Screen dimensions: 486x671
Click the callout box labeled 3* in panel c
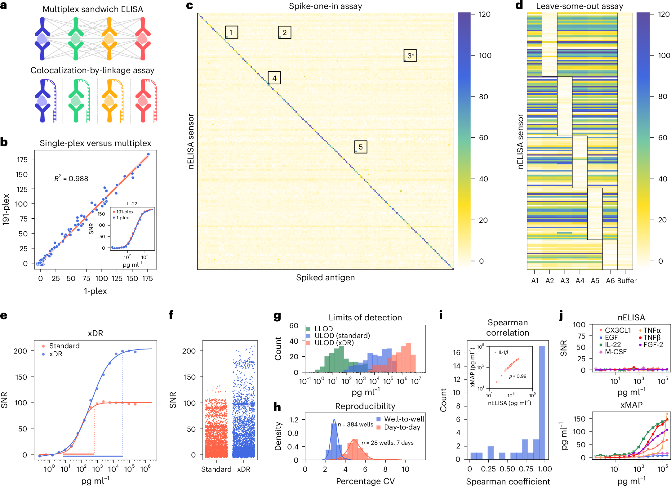(x=410, y=56)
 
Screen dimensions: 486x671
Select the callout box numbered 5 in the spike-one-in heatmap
(x=361, y=147)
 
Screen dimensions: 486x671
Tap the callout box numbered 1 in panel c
(x=231, y=32)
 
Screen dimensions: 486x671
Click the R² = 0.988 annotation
(x=71, y=179)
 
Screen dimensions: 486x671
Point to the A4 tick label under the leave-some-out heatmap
(x=580, y=281)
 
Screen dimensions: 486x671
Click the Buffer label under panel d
(x=627, y=281)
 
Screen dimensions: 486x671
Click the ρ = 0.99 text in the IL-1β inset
(x=518, y=376)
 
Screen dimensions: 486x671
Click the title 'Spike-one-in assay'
(x=325, y=6)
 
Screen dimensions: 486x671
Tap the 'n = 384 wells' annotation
(x=355, y=424)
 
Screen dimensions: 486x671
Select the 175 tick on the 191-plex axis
(x=22, y=160)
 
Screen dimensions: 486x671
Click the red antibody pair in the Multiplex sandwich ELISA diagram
(x=143, y=39)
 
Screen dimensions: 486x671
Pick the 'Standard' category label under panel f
(x=216, y=469)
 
